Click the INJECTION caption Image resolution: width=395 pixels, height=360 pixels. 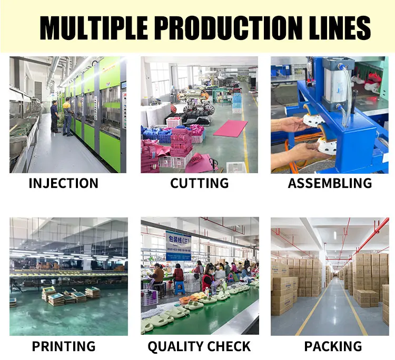coord(63,183)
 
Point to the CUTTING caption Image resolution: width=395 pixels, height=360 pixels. coord(199,183)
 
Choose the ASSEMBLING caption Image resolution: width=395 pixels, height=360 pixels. coord(330,183)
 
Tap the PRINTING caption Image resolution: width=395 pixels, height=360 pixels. coord(64,346)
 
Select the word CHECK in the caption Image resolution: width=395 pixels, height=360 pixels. coord(231,346)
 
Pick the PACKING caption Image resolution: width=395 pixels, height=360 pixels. coord(333,346)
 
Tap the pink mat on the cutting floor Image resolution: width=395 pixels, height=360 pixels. coord(230,128)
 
